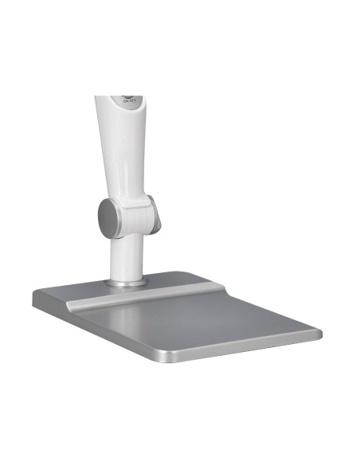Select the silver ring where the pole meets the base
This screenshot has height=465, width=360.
pyautogui.click(x=127, y=281)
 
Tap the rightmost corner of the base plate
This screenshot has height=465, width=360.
pyautogui.click(x=320, y=332)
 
